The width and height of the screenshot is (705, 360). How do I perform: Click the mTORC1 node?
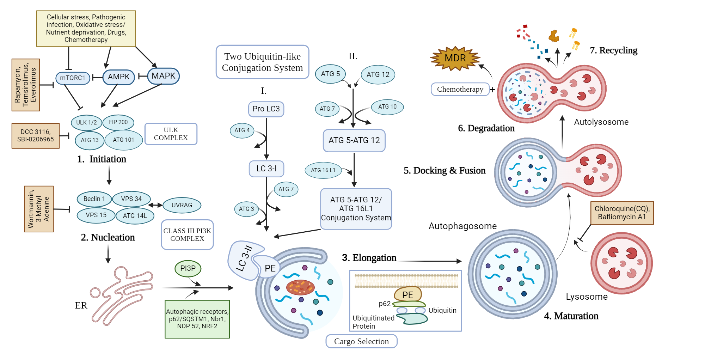click(x=73, y=78)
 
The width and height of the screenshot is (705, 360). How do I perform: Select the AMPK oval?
click(x=118, y=77)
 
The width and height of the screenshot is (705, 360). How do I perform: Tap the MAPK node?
click(x=163, y=76)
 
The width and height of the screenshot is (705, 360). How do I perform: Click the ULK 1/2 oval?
click(x=86, y=122)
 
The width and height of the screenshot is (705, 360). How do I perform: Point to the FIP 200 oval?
click(x=118, y=122)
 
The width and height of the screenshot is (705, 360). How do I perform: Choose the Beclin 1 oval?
click(x=94, y=199)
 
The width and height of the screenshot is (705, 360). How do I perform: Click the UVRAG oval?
click(x=182, y=205)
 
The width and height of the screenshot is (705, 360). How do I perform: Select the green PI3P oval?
click(x=188, y=268)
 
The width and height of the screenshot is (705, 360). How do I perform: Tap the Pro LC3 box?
click(x=266, y=109)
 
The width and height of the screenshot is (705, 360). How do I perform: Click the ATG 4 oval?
click(x=242, y=130)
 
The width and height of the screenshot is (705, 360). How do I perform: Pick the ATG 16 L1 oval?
click(x=323, y=170)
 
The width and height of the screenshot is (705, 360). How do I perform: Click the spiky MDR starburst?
click(x=455, y=58)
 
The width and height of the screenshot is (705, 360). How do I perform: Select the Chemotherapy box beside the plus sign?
click(x=460, y=89)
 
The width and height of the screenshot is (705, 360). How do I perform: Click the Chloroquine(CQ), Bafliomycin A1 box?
click(x=622, y=213)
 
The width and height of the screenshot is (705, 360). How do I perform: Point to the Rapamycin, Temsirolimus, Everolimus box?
click(x=25, y=85)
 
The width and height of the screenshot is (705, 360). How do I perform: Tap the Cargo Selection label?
click(x=361, y=341)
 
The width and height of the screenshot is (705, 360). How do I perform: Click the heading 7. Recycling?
click(x=613, y=50)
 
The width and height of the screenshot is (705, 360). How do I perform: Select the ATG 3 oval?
click(x=246, y=209)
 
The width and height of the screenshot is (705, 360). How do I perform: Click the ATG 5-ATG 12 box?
click(x=354, y=140)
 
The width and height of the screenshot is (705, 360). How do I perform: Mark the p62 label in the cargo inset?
click(x=384, y=304)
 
